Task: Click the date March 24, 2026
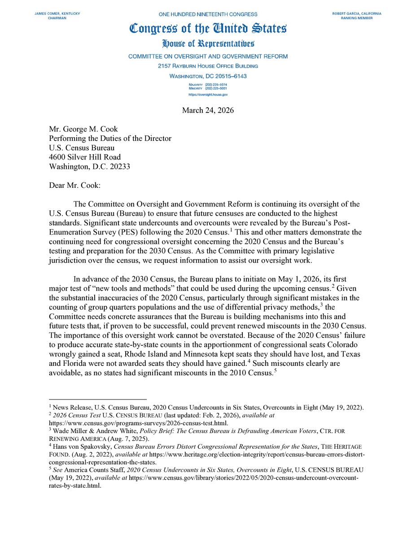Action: coord(208,110)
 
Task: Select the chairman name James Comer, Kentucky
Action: coord(57,14)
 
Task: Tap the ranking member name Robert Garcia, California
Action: coord(357,14)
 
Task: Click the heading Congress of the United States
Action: coord(208,29)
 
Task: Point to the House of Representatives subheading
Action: coord(208,44)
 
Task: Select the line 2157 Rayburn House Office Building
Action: coord(208,66)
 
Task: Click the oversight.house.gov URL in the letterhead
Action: coord(208,95)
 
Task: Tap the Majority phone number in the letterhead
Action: coord(208,84)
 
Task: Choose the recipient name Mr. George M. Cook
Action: coord(83,130)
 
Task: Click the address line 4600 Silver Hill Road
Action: coord(85,157)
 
